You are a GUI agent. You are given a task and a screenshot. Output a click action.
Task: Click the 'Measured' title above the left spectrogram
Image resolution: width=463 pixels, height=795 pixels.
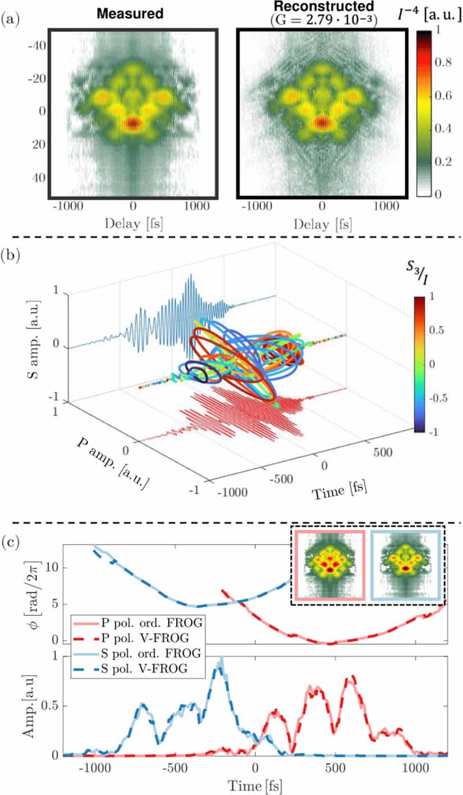(x=130, y=13)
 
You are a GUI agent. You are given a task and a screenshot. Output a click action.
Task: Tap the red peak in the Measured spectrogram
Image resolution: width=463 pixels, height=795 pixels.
(x=132, y=123)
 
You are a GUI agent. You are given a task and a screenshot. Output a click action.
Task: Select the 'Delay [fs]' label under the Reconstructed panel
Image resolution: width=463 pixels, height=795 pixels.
(x=321, y=225)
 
